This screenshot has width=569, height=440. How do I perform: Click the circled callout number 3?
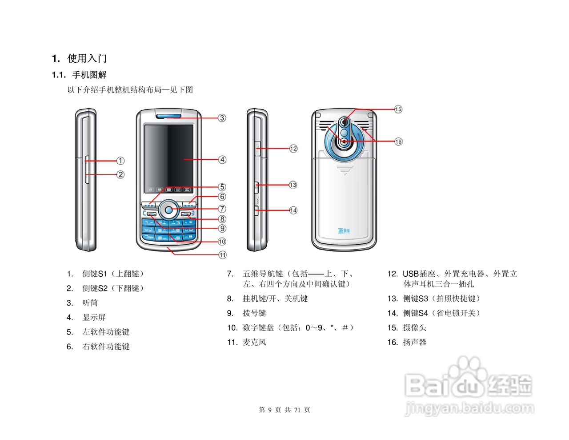point(222,118)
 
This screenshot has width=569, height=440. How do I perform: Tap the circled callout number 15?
point(398,109)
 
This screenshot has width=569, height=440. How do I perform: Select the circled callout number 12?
point(293,149)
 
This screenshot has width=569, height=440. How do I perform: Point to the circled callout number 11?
point(222,255)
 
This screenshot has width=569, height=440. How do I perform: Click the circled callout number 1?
point(120,161)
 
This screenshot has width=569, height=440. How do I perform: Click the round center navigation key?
point(168,209)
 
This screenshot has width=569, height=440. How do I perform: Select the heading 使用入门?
point(87,58)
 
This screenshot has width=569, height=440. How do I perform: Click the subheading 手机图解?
point(89,75)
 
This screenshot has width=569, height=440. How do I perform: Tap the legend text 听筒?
point(90,303)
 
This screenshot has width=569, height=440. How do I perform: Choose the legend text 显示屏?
point(94,318)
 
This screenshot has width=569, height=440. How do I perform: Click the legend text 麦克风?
point(254,342)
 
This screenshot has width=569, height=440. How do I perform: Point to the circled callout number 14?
point(293,210)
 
